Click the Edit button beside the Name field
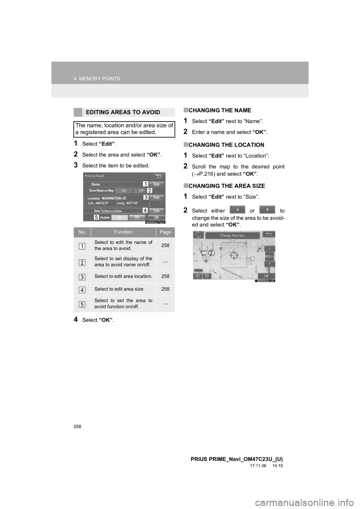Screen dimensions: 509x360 tap(157, 184)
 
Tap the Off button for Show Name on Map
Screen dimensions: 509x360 tap(141, 190)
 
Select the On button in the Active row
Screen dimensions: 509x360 tap(120, 217)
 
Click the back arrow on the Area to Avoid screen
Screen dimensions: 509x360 tap(159, 175)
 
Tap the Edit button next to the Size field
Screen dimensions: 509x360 tap(157, 211)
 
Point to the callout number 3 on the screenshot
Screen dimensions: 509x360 tap(145, 197)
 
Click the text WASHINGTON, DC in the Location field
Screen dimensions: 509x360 tap(114, 198)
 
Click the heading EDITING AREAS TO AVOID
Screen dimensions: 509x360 tap(123, 112)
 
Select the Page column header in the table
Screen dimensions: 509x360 tap(165, 232)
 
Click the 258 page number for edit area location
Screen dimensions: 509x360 tap(165, 276)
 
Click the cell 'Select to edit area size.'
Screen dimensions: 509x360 tap(123, 289)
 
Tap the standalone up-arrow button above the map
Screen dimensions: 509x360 tap(237, 210)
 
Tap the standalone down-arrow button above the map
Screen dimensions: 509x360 tap(267, 210)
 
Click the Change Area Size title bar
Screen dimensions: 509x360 tap(232, 235)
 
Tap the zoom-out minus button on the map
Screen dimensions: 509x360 tap(207, 276)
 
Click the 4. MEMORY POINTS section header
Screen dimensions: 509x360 tap(97, 79)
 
